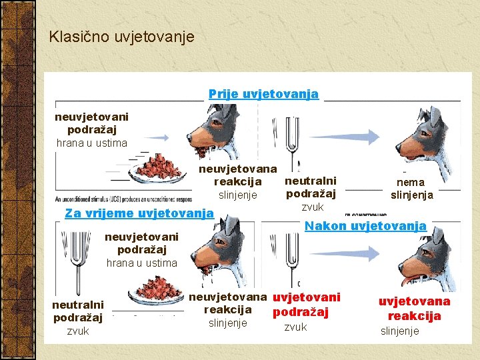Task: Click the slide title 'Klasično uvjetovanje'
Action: click(121, 36)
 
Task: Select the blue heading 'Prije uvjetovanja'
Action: click(263, 94)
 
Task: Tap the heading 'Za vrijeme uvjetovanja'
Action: click(139, 213)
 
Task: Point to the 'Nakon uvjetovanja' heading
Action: click(365, 225)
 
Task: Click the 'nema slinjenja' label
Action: click(411, 189)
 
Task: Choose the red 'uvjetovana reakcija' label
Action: click(414, 309)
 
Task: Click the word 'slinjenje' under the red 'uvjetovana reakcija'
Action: click(400, 331)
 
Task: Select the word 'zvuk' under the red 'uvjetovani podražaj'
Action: click(295, 327)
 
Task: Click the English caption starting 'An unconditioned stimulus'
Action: click(123, 199)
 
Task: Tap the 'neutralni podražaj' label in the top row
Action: click(310, 187)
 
